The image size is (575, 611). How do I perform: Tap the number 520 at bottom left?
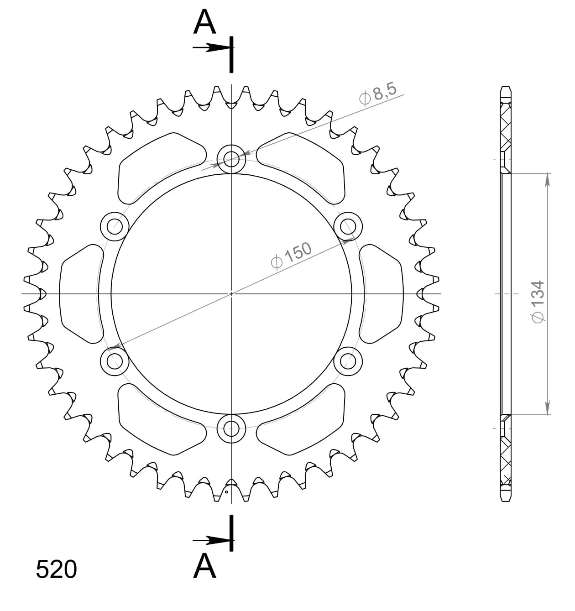pos(56,569)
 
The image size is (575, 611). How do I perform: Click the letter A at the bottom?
pos(204,566)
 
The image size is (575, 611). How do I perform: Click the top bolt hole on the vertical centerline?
pos(231,159)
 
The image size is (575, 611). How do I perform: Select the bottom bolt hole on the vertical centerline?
pos(231,428)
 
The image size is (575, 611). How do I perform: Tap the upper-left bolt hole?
pos(114,226)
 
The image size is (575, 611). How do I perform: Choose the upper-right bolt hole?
pos(348,226)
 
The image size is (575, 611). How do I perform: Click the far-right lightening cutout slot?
pos(382,293)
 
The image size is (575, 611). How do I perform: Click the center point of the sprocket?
pos(231,293)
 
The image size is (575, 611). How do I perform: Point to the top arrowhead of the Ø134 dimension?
pos(548,179)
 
